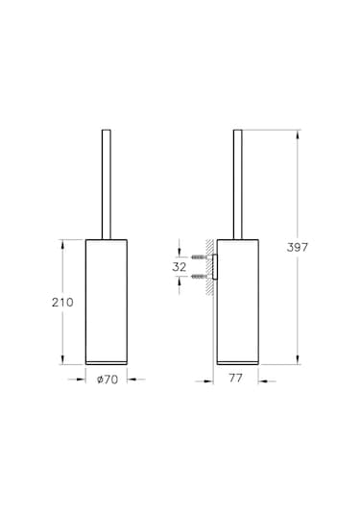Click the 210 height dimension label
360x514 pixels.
62,303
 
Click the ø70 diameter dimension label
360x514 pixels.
108,379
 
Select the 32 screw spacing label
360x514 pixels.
180,267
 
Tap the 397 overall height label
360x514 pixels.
298,247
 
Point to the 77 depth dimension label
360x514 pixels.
235,378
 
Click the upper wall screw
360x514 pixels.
199,257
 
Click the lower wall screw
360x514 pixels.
199,277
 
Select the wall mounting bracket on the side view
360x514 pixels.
215,267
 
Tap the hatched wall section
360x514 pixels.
209,267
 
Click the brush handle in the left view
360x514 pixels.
107,184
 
